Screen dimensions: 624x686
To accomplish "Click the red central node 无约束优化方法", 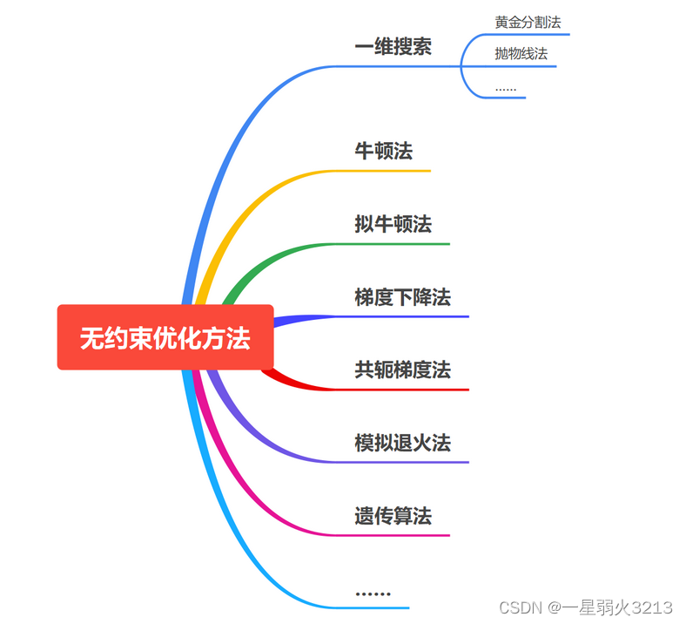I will click(x=165, y=337).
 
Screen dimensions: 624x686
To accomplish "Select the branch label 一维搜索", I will click(x=393, y=47).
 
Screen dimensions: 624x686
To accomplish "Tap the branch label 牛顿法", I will click(x=383, y=152).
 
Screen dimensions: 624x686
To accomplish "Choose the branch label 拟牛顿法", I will click(x=393, y=224).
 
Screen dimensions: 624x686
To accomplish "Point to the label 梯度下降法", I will click(x=402, y=297).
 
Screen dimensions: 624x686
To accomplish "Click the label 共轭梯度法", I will click(x=402, y=370).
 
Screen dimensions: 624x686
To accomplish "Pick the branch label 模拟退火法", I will click(x=402, y=443).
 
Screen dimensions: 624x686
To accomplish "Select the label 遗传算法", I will click(x=393, y=516).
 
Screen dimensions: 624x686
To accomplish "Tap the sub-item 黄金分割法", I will click(x=528, y=22).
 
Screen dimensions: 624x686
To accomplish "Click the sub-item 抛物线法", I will click(x=521, y=54).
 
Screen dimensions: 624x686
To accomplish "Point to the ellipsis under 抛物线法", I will click(x=505, y=88).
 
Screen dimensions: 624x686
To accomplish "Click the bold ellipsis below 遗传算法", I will click(x=373, y=593).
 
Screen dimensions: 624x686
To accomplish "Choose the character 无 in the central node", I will click(x=91, y=338).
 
